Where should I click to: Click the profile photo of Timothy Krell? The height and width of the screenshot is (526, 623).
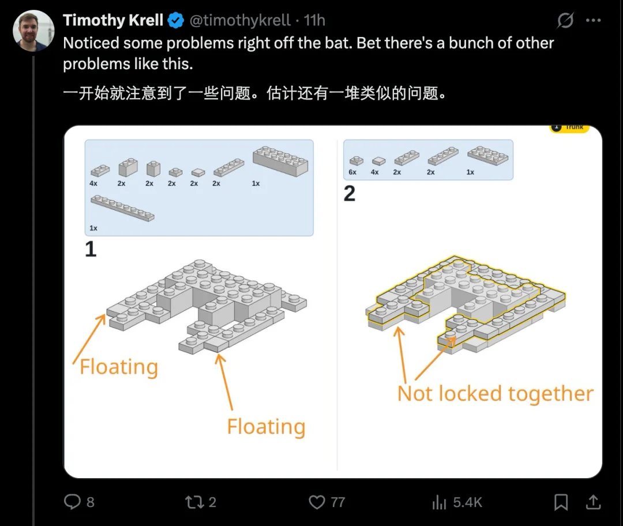33,31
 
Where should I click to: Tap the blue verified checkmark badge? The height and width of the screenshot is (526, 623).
175,20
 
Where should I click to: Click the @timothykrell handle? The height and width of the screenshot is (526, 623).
240,20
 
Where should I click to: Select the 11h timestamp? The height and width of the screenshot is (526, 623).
314,20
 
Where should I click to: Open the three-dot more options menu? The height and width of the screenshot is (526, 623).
593,20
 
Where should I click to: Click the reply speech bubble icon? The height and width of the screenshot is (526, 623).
72,501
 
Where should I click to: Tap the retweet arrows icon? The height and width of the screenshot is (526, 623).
195,502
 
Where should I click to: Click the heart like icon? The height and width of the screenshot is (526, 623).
317,502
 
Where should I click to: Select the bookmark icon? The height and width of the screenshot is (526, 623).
561,502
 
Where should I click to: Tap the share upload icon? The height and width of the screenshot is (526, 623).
593,502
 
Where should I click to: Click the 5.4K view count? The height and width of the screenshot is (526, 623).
467,502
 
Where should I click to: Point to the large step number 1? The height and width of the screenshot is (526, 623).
91,249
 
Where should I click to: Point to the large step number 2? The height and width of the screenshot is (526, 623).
349,193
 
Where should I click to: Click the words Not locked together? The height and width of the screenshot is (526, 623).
495,394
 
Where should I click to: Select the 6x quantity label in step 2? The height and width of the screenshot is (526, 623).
352,172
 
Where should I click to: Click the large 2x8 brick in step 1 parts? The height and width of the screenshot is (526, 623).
280,161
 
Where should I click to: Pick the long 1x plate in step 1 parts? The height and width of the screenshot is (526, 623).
122,208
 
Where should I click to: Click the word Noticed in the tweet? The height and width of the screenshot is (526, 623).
91,43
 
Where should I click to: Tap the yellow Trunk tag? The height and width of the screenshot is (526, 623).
569,128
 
